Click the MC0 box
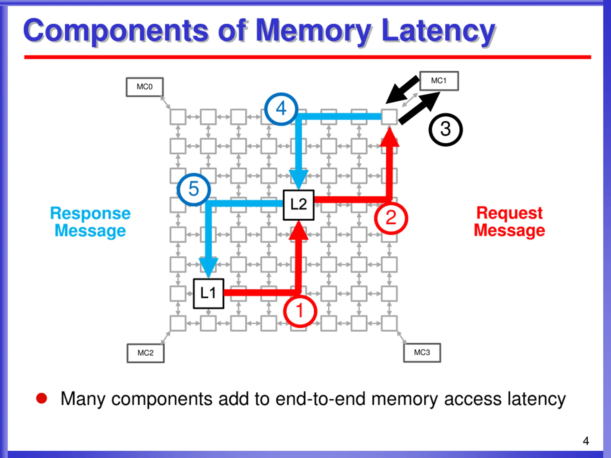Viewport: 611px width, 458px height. pyautogui.click(x=144, y=87)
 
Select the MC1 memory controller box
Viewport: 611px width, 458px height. pyautogui.click(x=439, y=81)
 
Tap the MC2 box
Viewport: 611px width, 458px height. pyautogui.click(x=145, y=353)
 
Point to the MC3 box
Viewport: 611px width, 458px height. pyautogui.click(x=422, y=353)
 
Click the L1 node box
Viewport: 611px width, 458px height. pyautogui.click(x=208, y=293)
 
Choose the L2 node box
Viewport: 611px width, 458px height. pyautogui.click(x=298, y=205)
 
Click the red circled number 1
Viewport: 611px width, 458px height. pyautogui.click(x=300, y=311)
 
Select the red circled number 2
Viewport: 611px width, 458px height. pyautogui.click(x=391, y=218)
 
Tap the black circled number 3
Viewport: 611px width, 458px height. pyautogui.click(x=446, y=130)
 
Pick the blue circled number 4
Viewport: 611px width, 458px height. pyautogui.click(x=281, y=109)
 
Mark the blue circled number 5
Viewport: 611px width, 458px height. pyautogui.click(x=194, y=189)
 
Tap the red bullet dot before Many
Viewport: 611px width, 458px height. pyautogui.click(x=42, y=398)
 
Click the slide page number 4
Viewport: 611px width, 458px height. pyautogui.click(x=586, y=441)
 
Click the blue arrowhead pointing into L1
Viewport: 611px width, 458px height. pyautogui.click(x=208, y=267)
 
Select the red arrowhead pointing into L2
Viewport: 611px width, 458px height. pyautogui.click(x=298, y=230)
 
